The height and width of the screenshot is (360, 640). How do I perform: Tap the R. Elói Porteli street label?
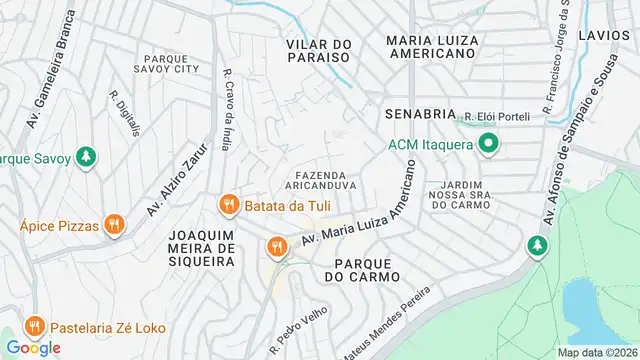click(497, 117)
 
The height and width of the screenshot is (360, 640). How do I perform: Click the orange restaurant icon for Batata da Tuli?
click(229, 205)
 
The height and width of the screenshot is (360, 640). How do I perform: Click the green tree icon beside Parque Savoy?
click(87, 157)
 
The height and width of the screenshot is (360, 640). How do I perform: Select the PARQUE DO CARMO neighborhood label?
click(361, 268)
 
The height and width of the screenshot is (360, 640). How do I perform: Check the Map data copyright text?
click(597, 352)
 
